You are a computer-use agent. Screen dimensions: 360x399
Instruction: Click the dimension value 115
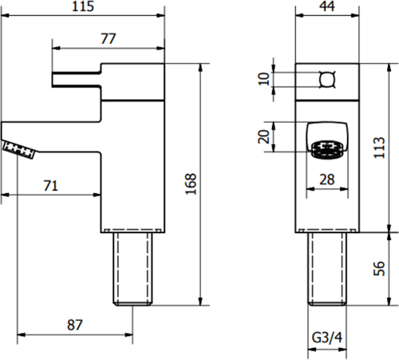(81, 7)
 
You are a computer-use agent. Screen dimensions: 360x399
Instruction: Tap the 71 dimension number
(50, 185)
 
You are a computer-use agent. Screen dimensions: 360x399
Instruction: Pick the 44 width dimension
(326, 7)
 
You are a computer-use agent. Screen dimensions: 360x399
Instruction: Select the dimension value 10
(264, 78)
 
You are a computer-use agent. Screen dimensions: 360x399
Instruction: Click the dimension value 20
(264, 136)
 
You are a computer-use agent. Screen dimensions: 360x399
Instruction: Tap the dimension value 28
(326, 180)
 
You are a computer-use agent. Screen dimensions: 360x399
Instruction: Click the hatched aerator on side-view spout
(19, 148)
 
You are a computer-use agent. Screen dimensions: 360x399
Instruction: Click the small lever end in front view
(325, 78)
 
